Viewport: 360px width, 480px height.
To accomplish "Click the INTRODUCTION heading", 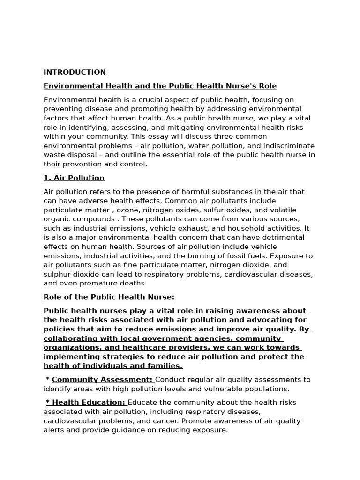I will pos(75,72).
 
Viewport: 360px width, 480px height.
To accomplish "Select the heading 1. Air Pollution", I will pos(74,178).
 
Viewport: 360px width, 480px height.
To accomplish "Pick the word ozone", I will pos(127,210).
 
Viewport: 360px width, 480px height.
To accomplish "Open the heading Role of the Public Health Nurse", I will pos(109,297).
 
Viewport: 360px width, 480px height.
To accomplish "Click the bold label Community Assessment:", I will pos(102,380).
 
